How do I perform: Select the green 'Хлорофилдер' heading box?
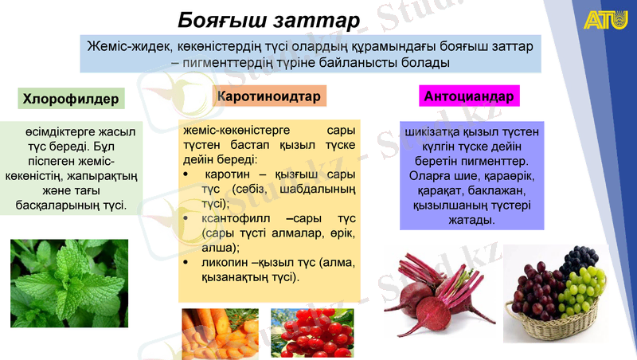[72, 99]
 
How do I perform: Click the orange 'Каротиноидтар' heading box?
[268, 96]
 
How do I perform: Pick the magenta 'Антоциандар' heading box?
[469, 96]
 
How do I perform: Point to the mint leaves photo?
[69, 283]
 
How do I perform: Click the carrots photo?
[220, 333]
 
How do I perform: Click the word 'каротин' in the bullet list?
[229, 174]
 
